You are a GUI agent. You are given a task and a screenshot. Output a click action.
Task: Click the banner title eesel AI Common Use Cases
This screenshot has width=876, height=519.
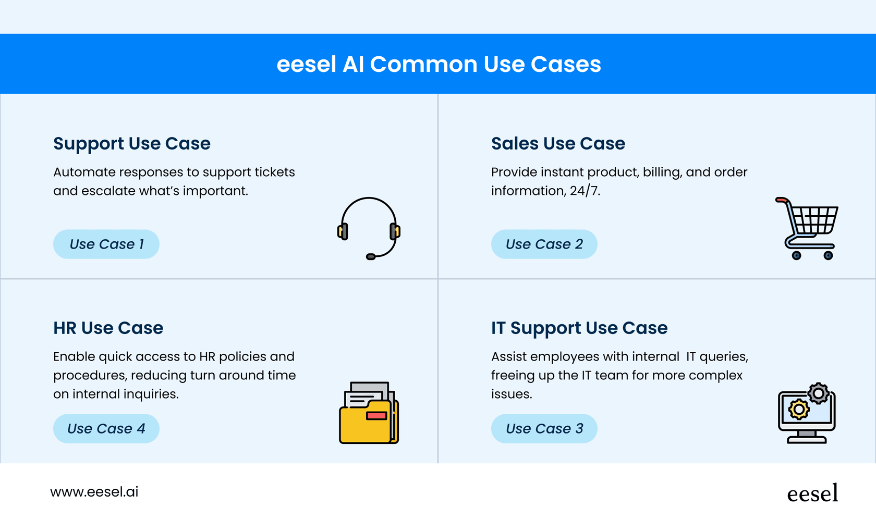[439, 64]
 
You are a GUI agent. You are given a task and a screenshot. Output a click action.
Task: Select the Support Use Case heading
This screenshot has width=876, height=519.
[132, 144]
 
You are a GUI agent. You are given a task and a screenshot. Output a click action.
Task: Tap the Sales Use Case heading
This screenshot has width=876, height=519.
[558, 143]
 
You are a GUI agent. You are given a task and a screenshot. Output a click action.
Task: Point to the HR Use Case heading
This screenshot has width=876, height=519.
[108, 328]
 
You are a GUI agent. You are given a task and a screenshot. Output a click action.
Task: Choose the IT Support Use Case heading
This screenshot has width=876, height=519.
[579, 328]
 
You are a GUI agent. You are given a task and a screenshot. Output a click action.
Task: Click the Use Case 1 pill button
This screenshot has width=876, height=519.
[106, 244]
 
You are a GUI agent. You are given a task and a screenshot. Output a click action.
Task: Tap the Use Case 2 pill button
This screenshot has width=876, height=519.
[544, 244]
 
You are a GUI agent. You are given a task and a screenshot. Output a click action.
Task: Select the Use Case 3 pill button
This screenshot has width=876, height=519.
[544, 428]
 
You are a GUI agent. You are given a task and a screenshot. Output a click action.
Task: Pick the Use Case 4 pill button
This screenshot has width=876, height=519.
[106, 428]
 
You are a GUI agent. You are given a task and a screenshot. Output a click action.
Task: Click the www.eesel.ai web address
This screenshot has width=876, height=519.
[94, 492]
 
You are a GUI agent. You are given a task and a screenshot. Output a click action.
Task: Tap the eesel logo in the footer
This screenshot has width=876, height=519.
[812, 493]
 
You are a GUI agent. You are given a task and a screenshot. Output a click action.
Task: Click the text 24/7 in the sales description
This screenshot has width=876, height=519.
[585, 191]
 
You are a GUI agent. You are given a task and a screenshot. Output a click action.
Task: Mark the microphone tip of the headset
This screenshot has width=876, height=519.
[371, 257]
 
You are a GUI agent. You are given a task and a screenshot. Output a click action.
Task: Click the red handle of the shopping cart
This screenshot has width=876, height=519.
[782, 200]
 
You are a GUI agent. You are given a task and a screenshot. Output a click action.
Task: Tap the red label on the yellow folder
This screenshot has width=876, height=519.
[376, 415]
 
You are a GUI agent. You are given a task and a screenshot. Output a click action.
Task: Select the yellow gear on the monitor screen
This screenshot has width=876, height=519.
[799, 410]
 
